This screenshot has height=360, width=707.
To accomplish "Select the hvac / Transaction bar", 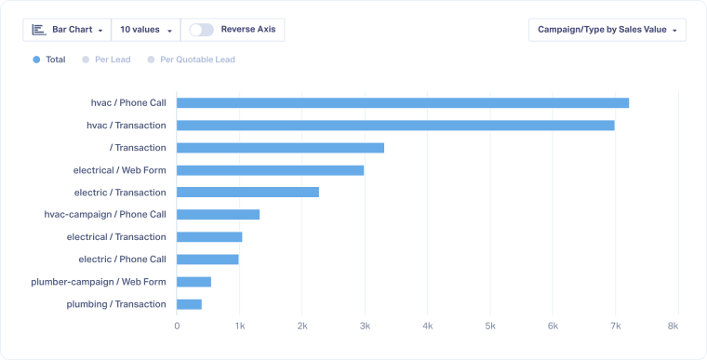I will click(395, 126).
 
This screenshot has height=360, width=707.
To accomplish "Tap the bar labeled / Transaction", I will click(280, 148).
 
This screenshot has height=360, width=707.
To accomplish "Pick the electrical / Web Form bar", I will click(270, 170).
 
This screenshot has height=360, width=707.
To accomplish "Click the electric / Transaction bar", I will click(247, 193).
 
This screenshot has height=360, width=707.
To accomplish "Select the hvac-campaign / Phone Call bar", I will click(218, 215).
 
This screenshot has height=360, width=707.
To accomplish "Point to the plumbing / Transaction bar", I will click(189, 304).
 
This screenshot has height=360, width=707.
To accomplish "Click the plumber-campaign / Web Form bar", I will click(193, 282).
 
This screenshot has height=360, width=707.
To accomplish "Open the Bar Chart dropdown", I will click(67, 30).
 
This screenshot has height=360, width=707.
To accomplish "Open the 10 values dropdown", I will click(146, 30).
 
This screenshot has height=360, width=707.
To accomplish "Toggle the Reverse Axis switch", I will click(201, 30).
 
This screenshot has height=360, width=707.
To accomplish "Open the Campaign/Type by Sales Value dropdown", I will click(607, 30).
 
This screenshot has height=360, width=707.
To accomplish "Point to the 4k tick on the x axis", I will click(427, 327).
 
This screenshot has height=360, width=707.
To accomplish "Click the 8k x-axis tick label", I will click(673, 327).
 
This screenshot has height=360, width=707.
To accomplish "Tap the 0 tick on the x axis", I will click(177, 327).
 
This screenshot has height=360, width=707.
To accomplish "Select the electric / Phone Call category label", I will click(122, 260).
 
